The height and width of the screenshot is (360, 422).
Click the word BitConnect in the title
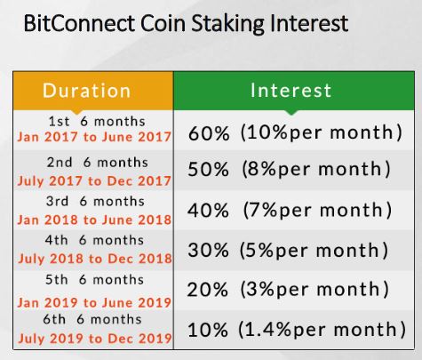point(79,23)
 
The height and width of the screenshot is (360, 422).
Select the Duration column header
point(86,91)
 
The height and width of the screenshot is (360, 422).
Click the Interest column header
point(291,90)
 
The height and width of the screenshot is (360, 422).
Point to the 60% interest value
point(209,133)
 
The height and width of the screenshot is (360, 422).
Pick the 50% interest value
point(209,170)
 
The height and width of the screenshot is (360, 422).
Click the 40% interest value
point(208,211)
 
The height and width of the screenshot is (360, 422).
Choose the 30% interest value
point(208,250)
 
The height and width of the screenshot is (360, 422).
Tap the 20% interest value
point(208,290)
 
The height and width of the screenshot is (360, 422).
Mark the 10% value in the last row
point(208,330)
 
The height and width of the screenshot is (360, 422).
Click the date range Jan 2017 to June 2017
point(94,137)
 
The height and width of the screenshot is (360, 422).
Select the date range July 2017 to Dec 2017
point(94,181)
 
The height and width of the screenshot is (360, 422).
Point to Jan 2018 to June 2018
point(94,220)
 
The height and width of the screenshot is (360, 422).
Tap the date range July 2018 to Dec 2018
point(95,259)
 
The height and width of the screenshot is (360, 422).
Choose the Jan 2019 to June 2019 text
point(94,303)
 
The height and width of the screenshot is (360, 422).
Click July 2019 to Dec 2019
point(95,339)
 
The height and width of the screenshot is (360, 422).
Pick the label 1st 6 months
point(97,122)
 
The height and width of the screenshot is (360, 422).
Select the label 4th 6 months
point(94,240)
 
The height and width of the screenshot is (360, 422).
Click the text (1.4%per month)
point(322,330)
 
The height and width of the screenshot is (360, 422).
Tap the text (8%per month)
point(316,170)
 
